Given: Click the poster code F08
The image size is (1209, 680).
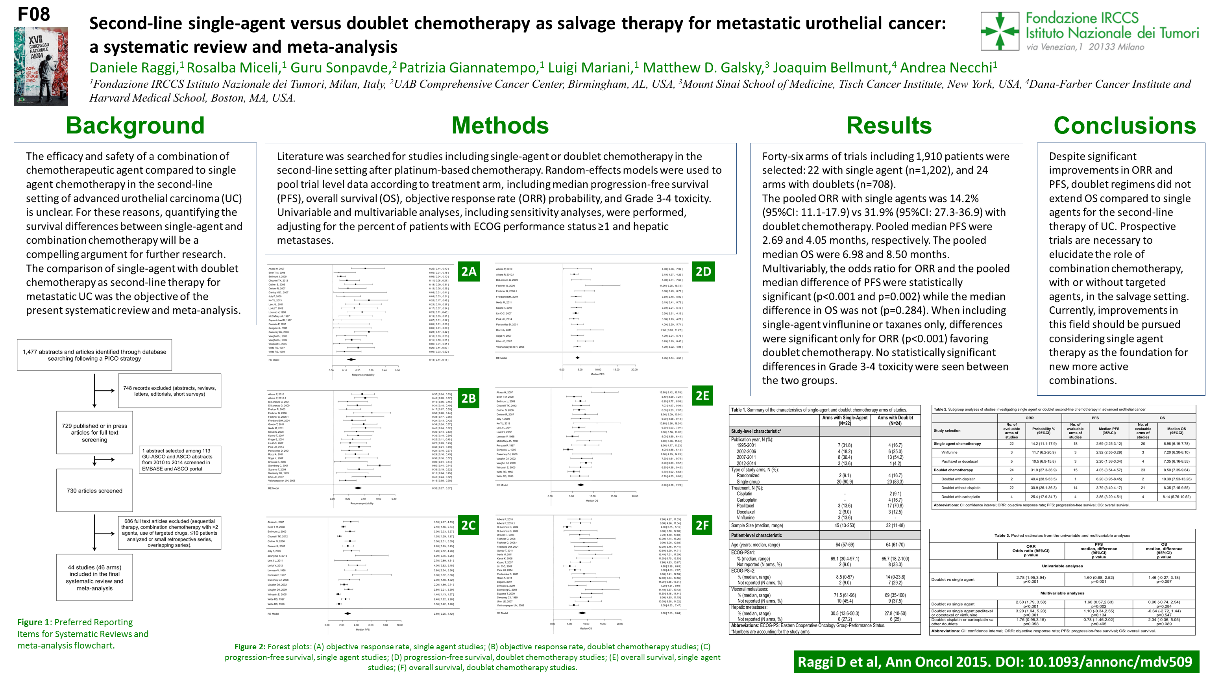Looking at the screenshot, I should pyautogui.click(x=33, y=14).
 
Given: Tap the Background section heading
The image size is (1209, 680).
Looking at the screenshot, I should pyautogui.click(x=135, y=126).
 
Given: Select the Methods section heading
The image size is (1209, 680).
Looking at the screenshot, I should pyautogui.click(x=500, y=126).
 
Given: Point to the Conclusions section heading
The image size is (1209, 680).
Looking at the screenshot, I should pyautogui.click(x=1124, y=126).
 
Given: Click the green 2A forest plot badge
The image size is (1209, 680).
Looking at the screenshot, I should pyautogui.click(x=468, y=271).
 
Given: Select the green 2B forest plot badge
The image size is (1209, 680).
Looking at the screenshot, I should pyautogui.click(x=468, y=398).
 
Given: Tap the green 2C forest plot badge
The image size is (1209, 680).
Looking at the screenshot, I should pyautogui.click(x=468, y=525).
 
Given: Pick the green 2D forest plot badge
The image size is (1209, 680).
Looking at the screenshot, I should pyautogui.click(x=703, y=271).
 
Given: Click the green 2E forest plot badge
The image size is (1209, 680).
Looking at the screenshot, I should pyautogui.click(x=702, y=396).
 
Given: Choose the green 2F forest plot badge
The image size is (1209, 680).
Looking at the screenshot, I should pyautogui.click(x=702, y=525).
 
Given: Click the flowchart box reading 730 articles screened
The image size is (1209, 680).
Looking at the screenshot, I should pyautogui.click(x=94, y=491).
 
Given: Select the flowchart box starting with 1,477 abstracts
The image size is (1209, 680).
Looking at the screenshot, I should pyautogui.click(x=94, y=355).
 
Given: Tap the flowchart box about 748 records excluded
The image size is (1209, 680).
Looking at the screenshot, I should pyautogui.click(x=170, y=391).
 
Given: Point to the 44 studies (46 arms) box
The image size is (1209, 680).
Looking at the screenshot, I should pyautogui.click(x=94, y=578).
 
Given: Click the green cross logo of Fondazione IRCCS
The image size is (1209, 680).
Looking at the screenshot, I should pyautogui.click(x=1000, y=31).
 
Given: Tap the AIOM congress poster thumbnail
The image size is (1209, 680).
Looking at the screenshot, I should pyautogui.click(x=41, y=66).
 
